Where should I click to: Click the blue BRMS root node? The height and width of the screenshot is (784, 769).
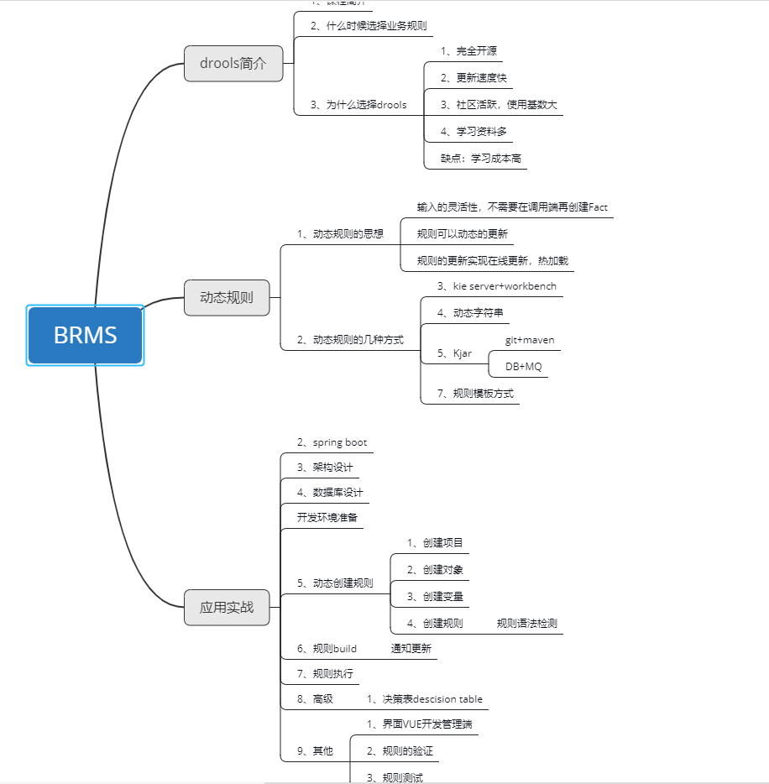click(x=86, y=336)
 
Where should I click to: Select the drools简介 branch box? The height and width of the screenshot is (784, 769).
click(x=233, y=64)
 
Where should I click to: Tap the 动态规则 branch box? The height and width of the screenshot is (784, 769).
click(x=227, y=297)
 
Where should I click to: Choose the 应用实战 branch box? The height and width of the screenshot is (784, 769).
click(x=227, y=607)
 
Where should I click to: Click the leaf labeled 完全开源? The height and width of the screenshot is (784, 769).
click(x=468, y=51)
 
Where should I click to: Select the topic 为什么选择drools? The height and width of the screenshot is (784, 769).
click(x=358, y=105)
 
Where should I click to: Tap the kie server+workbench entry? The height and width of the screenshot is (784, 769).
click(x=496, y=286)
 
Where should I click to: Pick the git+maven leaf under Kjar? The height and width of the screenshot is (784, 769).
click(x=530, y=340)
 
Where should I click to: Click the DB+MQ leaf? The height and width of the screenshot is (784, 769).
click(x=523, y=367)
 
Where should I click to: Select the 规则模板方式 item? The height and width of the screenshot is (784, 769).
click(x=475, y=393)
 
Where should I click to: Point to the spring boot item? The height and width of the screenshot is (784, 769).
click(x=332, y=442)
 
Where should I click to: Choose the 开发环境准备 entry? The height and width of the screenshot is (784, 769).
click(x=327, y=517)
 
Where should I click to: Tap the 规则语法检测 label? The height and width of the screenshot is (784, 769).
click(x=526, y=624)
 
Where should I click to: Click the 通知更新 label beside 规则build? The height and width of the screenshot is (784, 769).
click(x=411, y=649)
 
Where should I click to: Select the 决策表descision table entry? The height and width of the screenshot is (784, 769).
click(x=424, y=699)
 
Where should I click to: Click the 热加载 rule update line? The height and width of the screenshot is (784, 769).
click(x=493, y=261)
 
